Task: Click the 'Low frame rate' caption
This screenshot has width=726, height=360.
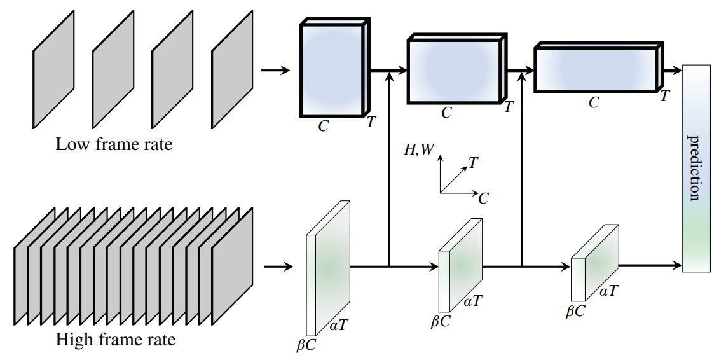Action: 114,144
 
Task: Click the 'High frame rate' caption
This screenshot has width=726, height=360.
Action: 116,340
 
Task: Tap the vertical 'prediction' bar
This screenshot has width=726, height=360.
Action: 695,169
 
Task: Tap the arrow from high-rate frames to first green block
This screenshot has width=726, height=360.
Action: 278,267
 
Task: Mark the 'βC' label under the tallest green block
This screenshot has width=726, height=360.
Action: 306,345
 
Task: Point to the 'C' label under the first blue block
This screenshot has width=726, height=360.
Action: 324,126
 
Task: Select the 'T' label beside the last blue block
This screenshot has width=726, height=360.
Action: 665,96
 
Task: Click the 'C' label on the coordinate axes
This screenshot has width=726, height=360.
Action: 483,198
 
